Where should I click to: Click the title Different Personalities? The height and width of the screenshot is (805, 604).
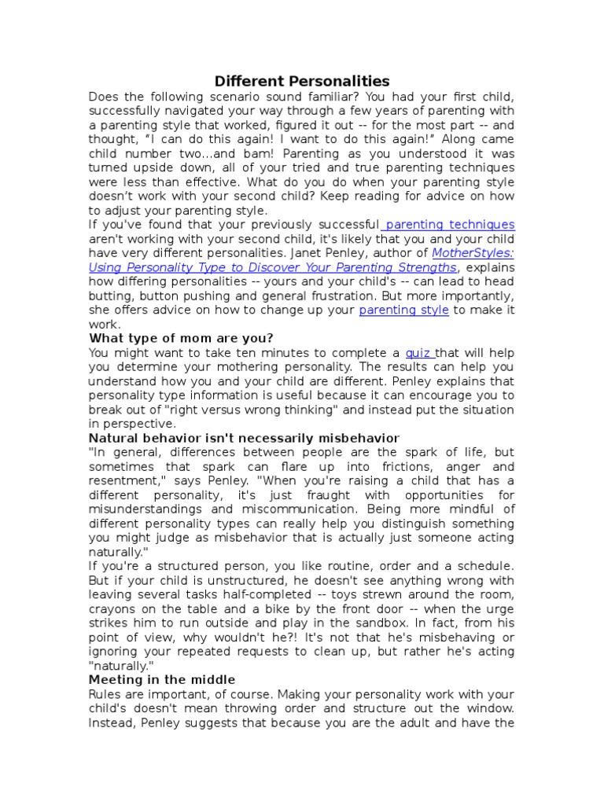(x=302, y=81)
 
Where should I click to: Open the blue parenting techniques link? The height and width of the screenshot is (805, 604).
(x=451, y=225)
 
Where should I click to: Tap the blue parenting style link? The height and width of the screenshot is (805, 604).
(x=403, y=310)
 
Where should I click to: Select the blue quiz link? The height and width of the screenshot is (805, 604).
(x=419, y=353)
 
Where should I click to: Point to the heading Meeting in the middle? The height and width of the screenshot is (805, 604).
(x=162, y=679)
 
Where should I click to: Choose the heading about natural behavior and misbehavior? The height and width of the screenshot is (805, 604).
(x=244, y=438)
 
